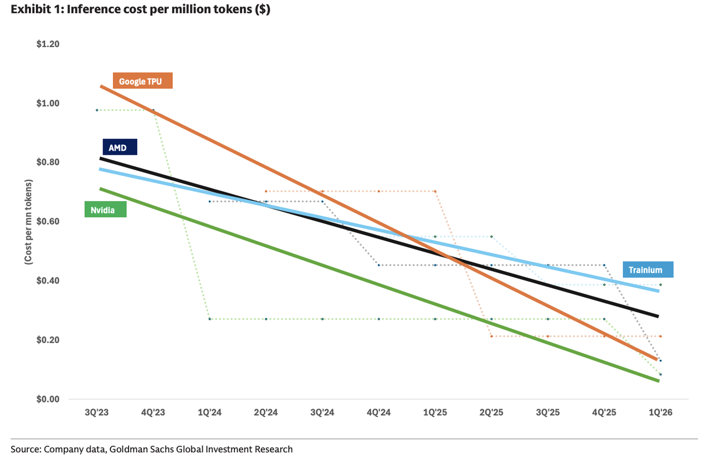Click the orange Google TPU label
[x=143, y=81]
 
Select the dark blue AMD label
[x=120, y=147]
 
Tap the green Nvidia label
[x=105, y=210]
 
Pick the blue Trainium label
[x=648, y=269]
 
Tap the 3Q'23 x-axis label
[x=96, y=412]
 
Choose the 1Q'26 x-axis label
[x=660, y=412]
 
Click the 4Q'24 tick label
[x=378, y=412]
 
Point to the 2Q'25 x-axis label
[x=491, y=412]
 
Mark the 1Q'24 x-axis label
[x=209, y=412]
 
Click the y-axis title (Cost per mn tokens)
[x=28, y=222]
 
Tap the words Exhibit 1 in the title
[x=34, y=9]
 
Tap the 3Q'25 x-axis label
[x=548, y=412]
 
